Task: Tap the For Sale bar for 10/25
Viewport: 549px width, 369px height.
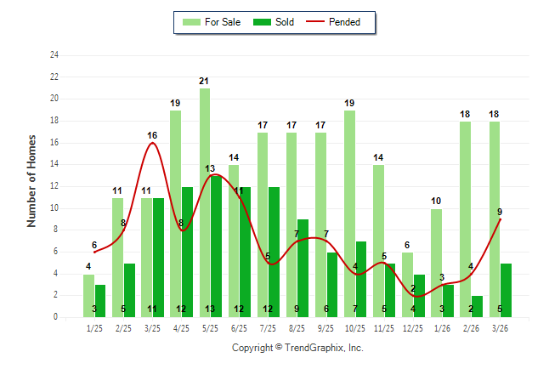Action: (x=349, y=213)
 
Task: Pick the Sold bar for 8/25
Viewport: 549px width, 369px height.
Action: (x=303, y=268)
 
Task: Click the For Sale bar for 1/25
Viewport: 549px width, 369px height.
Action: (x=88, y=295)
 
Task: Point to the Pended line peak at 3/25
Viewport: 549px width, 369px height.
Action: (x=152, y=143)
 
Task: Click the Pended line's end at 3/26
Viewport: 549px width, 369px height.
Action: (x=501, y=219)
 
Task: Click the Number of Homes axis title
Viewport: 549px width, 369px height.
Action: (x=32, y=180)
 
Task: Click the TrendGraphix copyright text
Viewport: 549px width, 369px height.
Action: (x=297, y=348)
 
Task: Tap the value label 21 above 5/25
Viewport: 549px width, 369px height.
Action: (x=204, y=82)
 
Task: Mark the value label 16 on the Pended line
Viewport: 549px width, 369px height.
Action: (x=152, y=135)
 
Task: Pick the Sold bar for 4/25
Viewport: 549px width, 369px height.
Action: (x=187, y=252)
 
